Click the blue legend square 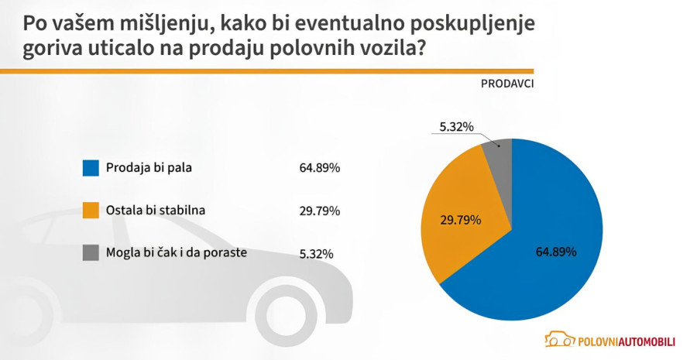91,168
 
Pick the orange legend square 91,211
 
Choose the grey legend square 91,253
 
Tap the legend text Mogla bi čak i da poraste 177,252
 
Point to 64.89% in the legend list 320,168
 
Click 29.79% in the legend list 320,211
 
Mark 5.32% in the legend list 317,253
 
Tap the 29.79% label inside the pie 460,220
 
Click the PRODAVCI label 507,83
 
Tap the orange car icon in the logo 559,339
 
